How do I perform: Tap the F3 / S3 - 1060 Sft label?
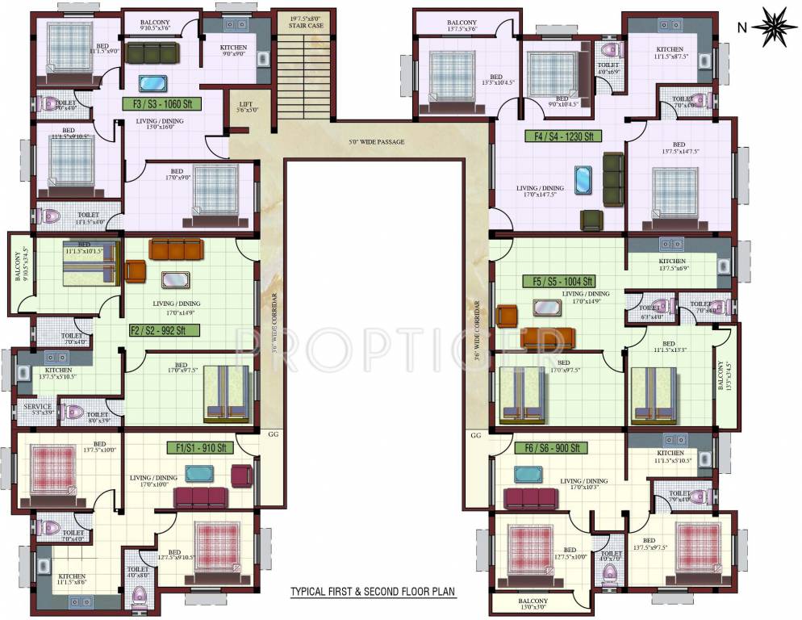click(x=161, y=103)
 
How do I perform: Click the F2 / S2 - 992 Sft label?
click(x=159, y=330)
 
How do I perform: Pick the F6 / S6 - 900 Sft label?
click(x=551, y=448)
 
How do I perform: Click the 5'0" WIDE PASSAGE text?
click(x=377, y=142)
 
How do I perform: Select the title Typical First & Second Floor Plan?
click(x=373, y=592)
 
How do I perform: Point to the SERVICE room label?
click(x=37, y=408)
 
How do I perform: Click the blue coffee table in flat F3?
click(x=150, y=83)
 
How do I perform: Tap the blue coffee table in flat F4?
click(x=583, y=179)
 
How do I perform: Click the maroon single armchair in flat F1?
click(x=241, y=475)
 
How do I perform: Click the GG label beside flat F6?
click(x=475, y=435)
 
